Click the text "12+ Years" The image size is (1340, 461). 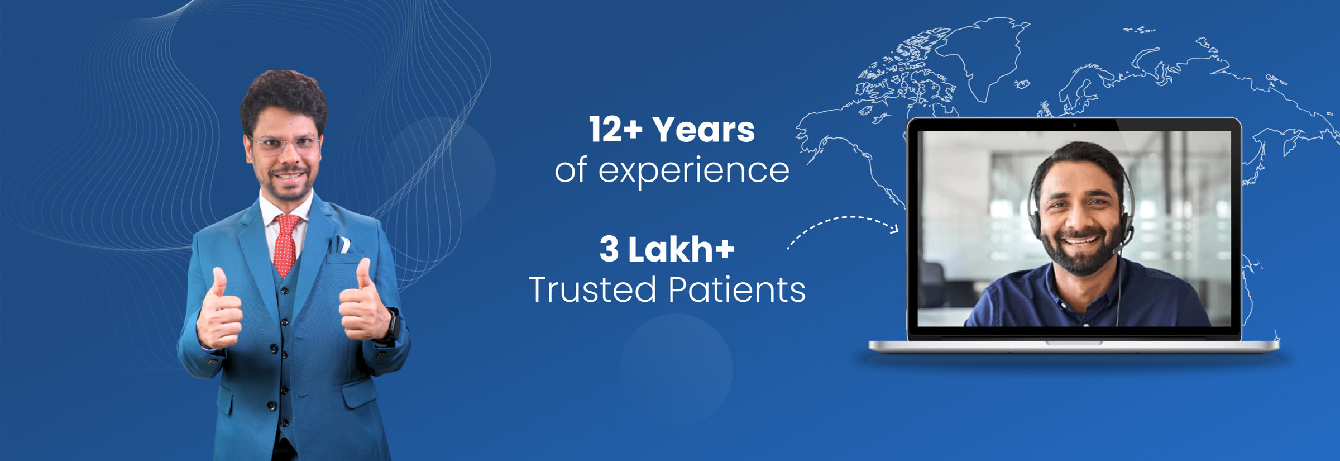672,130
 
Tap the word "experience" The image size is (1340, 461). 694,171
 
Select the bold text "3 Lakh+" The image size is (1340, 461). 667,249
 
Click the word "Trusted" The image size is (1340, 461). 592,289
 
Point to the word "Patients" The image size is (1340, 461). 737,289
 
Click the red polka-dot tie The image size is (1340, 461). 286,245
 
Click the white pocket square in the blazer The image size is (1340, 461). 344,245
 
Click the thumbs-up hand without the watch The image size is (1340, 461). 219,312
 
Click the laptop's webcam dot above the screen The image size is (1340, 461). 1074,125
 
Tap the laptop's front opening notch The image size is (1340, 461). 1074,343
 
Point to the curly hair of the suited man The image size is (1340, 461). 284,98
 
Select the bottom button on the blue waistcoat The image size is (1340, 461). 272,406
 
